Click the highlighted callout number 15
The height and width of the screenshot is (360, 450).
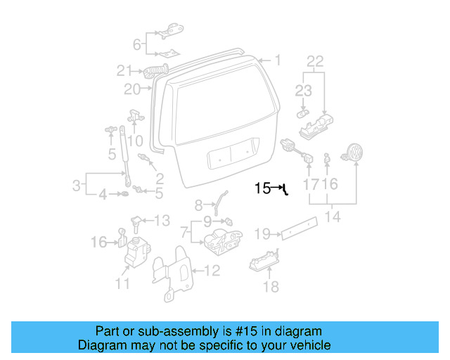(262, 188)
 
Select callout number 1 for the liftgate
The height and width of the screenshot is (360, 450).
(277, 61)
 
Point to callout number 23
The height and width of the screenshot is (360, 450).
(303, 90)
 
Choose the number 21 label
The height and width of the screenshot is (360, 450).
(124, 70)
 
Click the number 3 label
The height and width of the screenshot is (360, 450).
(76, 186)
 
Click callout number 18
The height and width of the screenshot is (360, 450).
(271, 287)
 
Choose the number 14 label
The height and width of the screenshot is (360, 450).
(333, 217)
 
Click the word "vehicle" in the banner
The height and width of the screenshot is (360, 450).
(310, 345)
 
